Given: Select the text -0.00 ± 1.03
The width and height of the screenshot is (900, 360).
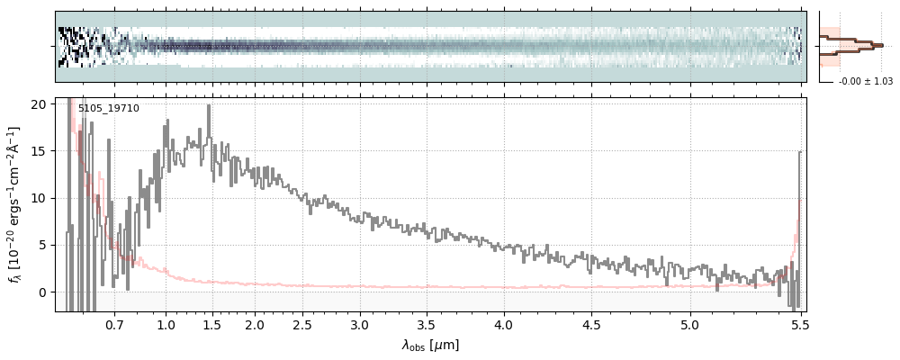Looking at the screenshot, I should coord(865,82).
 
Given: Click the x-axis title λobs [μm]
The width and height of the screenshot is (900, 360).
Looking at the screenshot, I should coord(430,345).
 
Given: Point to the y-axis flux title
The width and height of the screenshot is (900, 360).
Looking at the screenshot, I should coord(15,204).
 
